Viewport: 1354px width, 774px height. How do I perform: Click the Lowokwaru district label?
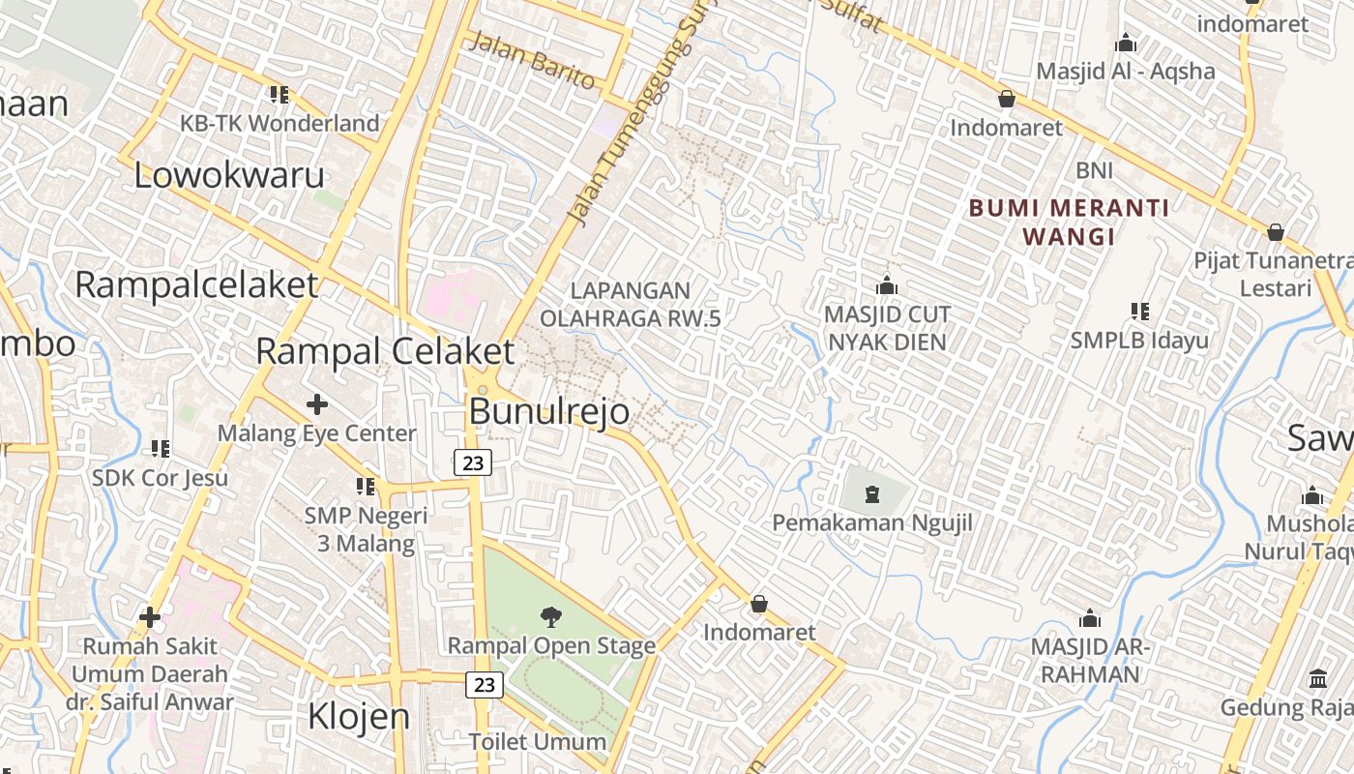point(228,176)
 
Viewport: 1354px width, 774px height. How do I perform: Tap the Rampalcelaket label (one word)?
point(196,285)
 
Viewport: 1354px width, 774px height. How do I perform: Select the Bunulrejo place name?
point(548,411)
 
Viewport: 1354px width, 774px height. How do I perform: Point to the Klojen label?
point(358,717)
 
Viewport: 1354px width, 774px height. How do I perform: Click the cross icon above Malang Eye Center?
point(316,404)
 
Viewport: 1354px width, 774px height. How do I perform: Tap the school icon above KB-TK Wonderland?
point(280,95)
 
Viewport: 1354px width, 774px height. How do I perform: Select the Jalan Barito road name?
point(532,60)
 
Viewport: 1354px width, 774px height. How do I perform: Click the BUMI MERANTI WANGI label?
point(1069,222)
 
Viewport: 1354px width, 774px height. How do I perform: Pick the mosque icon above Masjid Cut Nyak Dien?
point(886,286)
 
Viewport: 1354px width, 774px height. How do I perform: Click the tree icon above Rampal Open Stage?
point(551,616)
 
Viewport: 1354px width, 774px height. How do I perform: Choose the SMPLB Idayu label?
point(1139,341)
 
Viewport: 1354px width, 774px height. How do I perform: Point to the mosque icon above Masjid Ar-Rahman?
point(1090,619)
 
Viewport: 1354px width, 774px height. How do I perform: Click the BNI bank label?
point(1095,171)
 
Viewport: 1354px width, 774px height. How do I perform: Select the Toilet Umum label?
point(538,742)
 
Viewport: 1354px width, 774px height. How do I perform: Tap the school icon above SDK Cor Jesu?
point(161,449)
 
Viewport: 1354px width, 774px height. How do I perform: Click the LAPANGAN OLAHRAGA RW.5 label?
point(631,304)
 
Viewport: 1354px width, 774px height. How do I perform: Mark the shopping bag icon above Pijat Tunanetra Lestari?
point(1275,233)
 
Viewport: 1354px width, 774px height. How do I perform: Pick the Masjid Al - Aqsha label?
point(1126,71)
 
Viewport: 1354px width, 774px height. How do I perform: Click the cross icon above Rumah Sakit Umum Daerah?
point(150,616)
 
